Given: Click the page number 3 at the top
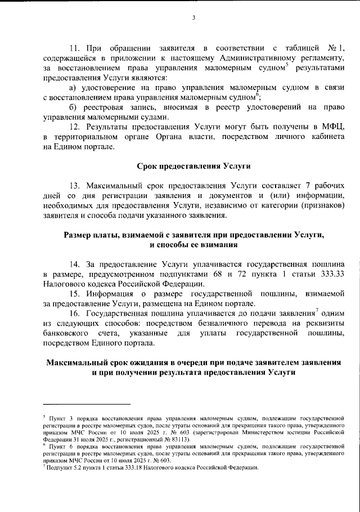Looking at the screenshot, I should tap(192, 17).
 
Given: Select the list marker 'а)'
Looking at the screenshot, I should tap(73, 88).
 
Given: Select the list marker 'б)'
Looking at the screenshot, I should tap(73, 107).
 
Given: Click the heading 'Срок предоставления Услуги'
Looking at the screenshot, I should tap(193, 166).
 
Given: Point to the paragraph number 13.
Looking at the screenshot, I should tap(75, 186).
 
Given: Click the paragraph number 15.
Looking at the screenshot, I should tap(75, 294).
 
